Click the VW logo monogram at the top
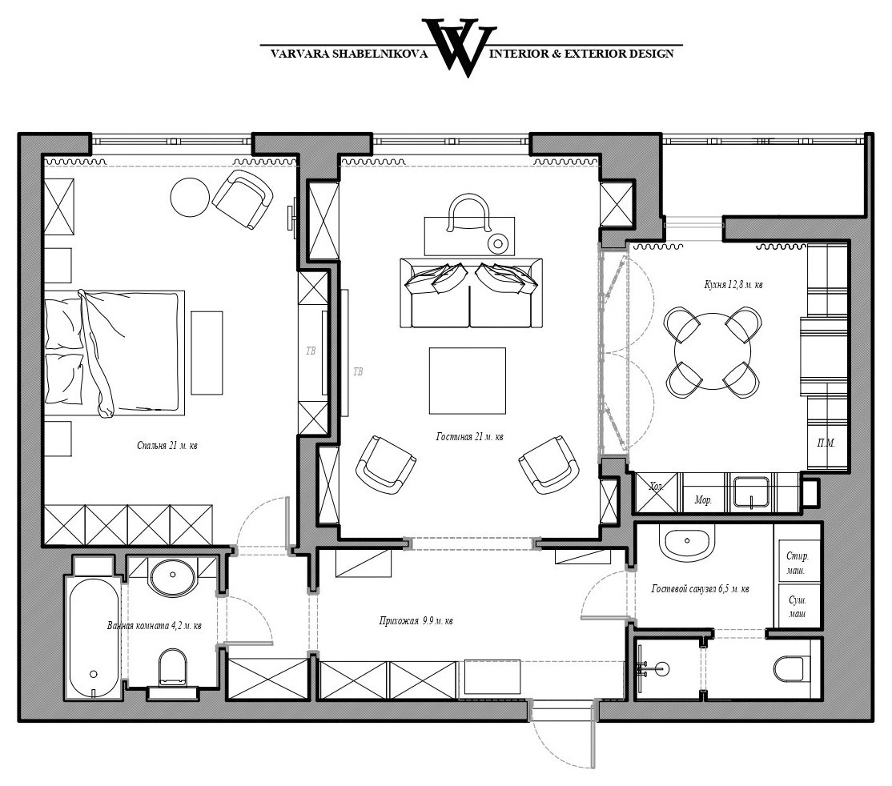click(x=459, y=48)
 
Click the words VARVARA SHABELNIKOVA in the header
click(x=349, y=54)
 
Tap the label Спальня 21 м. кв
click(x=167, y=445)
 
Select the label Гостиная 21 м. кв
click(x=469, y=437)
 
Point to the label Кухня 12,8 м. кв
click(x=733, y=284)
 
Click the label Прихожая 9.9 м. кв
click(x=416, y=620)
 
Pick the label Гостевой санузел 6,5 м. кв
click(x=700, y=588)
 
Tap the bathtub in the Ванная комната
click(x=94, y=637)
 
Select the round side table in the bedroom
click(x=190, y=197)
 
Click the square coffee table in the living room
click(x=467, y=380)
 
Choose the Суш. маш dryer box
click(x=798, y=605)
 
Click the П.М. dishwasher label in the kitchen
click(x=826, y=443)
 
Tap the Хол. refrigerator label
click(x=657, y=487)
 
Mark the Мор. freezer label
click(x=703, y=500)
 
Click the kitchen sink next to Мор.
click(x=752, y=491)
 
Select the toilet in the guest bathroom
click(x=792, y=668)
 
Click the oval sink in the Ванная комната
click(x=172, y=576)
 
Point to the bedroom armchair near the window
click(x=243, y=199)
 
